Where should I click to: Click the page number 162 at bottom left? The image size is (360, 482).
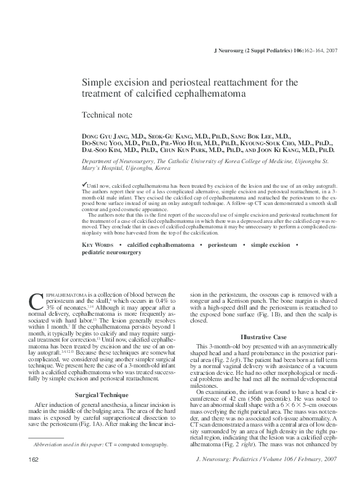(34, 460)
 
